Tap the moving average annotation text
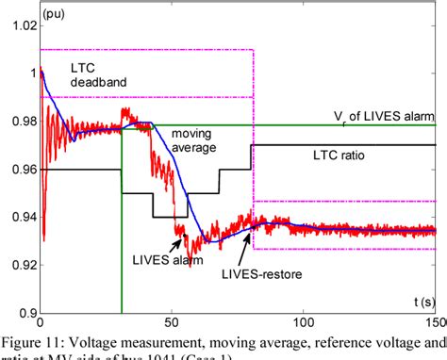[x=192, y=140]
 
